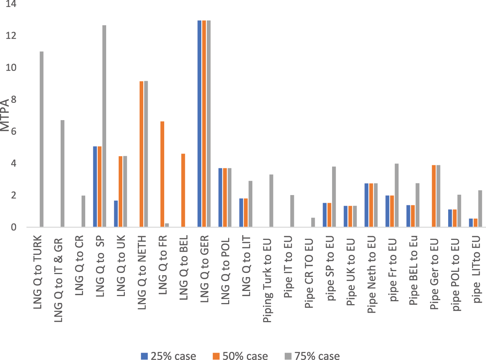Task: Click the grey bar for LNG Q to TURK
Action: coord(42,139)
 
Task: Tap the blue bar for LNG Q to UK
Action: coord(116,214)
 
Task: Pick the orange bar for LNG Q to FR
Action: coord(162,174)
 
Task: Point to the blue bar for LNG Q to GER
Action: coord(199,124)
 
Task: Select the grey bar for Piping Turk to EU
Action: coord(271,201)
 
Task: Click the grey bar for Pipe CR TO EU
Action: coord(313,222)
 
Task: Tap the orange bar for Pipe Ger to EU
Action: coord(434,196)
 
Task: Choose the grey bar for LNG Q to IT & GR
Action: coord(62,173)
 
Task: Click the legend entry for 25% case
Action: coord(169,356)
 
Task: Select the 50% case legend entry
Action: coord(241,356)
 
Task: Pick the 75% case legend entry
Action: coord(312,356)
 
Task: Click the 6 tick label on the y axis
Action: coord(14,132)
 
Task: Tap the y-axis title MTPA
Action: coord(5,115)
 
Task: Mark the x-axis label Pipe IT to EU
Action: coord(288,268)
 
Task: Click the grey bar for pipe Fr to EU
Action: coord(396,195)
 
